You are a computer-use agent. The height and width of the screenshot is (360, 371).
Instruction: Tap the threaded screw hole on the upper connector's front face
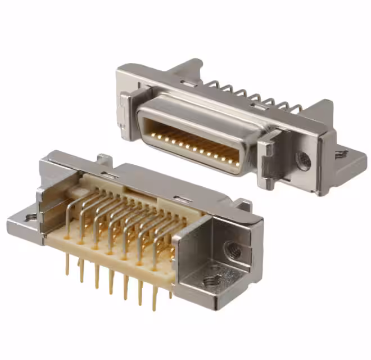point(304,161)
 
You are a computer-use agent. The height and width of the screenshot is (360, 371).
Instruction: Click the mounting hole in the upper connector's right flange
point(341,153)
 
